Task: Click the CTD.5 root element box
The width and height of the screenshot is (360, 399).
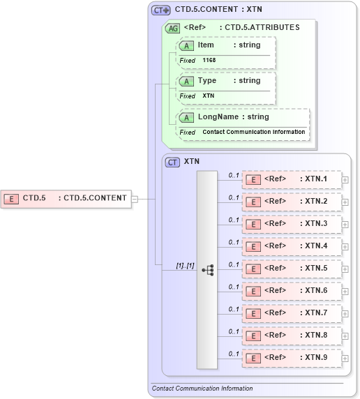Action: (x=66, y=198)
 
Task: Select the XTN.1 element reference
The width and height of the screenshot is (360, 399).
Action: (x=292, y=179)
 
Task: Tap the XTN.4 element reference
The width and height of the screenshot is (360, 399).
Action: (x=292, y=246)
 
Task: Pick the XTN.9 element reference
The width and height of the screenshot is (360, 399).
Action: (x=292, y=358)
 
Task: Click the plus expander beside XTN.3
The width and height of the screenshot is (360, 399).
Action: (x=345, y=225)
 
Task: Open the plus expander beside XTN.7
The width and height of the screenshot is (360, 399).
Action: (x=345, y=314)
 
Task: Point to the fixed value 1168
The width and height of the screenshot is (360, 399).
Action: (x=209, y=61)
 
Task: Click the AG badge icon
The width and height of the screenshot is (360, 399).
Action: (x=172, y=29)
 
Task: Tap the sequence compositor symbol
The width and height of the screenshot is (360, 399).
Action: (x=207, y=269)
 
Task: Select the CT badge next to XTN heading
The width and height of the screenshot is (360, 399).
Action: (x=172, y=162)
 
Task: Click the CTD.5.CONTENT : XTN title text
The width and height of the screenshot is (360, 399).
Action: (x=218, y=10)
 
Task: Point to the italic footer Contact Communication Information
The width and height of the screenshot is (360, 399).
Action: (x=202, y=389)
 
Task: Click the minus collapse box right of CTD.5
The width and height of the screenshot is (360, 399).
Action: (x=135, y=198)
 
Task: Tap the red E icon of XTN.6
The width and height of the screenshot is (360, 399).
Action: (x=255, y=291)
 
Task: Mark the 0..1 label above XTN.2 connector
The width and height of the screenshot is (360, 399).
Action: (x=234, y=197)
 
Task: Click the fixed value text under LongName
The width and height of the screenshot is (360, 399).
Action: (x=253, y=132)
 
